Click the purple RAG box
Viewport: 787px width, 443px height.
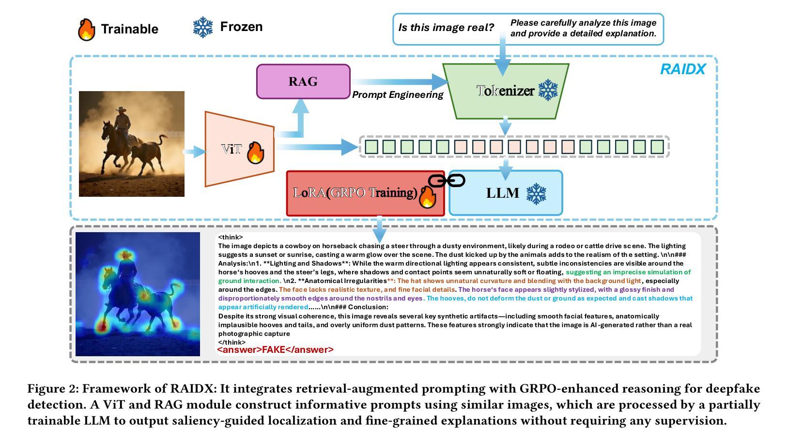click(303, 81)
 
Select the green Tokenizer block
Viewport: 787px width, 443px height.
click(506, 91)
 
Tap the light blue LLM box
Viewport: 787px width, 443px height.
click(506, 193)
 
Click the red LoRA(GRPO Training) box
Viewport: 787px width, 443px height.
click(365, 193)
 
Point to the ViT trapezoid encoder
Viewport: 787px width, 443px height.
click(239, 149)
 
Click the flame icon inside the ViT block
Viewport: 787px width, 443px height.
click(255, 153)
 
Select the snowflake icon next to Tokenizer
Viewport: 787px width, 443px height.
click(548, 90)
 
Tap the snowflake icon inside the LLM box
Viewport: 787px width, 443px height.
click(536, 194)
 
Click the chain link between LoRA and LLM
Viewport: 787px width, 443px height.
click(447, 181)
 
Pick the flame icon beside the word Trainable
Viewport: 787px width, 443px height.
click(86, 30)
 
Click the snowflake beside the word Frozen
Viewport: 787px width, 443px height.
click(203, 27)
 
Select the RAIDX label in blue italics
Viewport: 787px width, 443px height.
click(683, 69)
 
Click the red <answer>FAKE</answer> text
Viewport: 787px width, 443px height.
click(276, 349)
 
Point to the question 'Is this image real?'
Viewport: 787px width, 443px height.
click(446, 28)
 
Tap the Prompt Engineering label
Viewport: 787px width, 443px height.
click(398, 95)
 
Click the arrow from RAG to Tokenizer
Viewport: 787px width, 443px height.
click(400, 82)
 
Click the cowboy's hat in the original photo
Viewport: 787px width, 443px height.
click(121, 110)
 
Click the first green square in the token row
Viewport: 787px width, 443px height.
click(371, 147)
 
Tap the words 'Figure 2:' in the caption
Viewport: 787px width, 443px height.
click(53, 389)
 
